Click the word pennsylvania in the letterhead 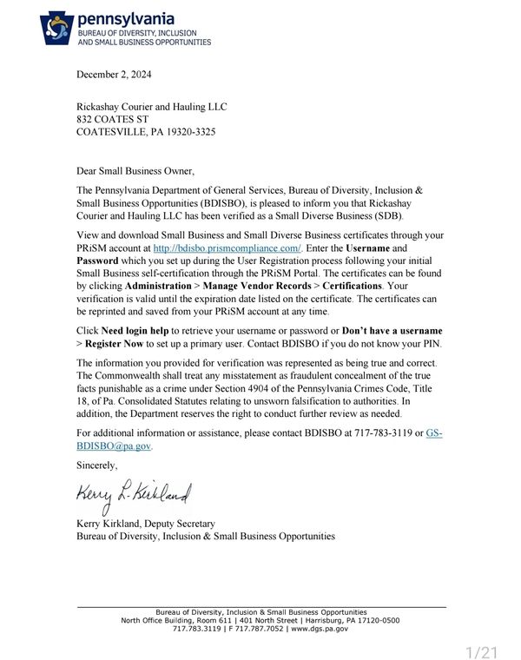click(126, 17)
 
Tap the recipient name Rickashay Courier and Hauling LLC click(152, 107)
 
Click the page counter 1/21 click(482, 651)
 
